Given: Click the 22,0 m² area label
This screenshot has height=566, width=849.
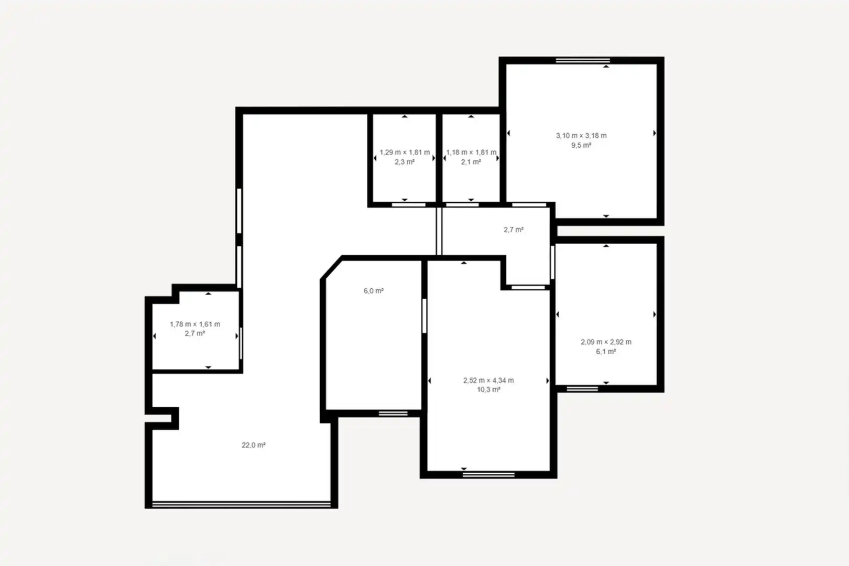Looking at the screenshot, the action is click(254, 445).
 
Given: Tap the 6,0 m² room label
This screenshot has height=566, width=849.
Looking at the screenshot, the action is click(374, 291).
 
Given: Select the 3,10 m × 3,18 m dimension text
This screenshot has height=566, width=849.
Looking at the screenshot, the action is click(581, 135).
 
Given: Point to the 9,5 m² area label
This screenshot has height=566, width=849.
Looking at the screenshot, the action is click(581, 145).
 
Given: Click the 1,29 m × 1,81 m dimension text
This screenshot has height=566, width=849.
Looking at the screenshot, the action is click(405, 153).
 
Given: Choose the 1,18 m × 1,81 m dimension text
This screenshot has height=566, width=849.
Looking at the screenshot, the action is click(471, 153).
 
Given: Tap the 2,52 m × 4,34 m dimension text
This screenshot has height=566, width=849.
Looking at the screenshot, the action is click(488, 380).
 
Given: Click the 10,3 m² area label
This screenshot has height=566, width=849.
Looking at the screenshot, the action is click(488, 390).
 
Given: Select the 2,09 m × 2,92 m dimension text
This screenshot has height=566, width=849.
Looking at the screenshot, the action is click(606, 342).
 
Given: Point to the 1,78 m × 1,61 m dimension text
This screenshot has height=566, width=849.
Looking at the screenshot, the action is click(195, 324).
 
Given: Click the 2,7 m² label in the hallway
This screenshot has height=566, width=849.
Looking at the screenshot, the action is click(514, 230).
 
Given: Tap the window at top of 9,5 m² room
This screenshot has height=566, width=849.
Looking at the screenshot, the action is click(583, 60).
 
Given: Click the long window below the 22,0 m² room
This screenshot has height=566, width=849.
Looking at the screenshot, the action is click(242, 505).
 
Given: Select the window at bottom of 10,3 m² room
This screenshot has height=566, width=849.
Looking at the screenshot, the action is click(488, 475).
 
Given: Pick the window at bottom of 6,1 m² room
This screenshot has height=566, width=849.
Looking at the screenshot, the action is click(582, 388).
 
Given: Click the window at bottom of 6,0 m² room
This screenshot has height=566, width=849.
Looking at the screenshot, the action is click(393, 413).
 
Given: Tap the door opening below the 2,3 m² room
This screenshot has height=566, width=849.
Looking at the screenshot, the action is click(409, 205).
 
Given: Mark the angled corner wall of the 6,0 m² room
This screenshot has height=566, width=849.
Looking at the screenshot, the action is click(332, 268).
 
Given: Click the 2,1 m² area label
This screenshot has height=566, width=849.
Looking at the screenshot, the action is click(471, 162).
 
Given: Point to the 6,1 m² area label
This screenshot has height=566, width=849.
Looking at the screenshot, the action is click(606, 352).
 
